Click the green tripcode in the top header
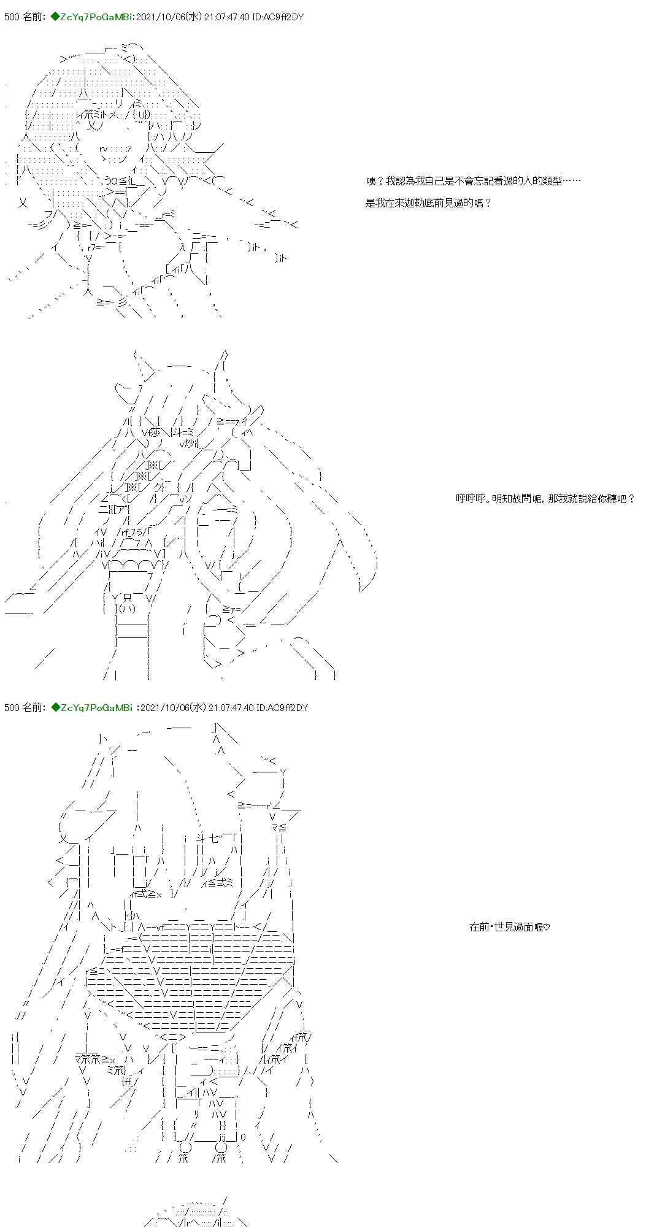click(93, 17)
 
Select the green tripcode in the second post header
click(93, 707)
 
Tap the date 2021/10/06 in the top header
click(164, 17)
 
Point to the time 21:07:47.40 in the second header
click(231, 707)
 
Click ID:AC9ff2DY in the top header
click(280, 17)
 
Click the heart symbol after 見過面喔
click(547, 927)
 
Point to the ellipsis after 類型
click(571, 180)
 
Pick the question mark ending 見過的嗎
click(487, 203)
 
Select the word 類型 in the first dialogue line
click(551, 180)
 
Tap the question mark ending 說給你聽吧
click(631, 499)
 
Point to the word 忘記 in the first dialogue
click(479, 180)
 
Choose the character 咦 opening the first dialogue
click(371, 180)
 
